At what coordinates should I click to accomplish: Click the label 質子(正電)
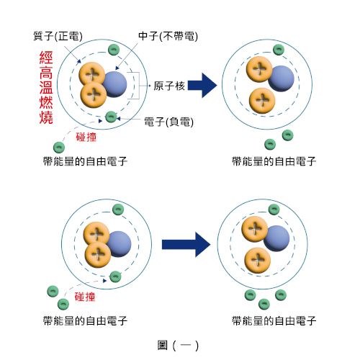58,36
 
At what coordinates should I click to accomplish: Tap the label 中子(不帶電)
168,36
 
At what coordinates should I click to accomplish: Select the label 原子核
169,86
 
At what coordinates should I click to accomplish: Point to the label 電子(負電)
168,122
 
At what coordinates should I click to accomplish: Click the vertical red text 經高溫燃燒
46,87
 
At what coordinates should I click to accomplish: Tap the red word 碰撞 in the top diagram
86,137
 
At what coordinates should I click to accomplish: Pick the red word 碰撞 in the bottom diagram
85,297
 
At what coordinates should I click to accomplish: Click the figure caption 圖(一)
178,346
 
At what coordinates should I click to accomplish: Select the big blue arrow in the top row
202,85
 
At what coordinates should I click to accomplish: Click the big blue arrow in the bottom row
186,245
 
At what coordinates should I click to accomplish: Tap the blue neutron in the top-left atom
114,84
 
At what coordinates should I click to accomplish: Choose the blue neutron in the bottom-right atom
276,238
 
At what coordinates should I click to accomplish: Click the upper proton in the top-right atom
259,69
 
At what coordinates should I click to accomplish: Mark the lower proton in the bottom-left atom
98,255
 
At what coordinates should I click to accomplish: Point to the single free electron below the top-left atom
59,148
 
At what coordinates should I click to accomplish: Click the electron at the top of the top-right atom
279,50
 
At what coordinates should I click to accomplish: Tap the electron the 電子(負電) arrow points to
111,117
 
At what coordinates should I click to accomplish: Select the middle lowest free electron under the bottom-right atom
264,304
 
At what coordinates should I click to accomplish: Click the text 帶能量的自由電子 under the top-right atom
274,161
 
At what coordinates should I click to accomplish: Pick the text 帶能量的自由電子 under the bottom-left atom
85,321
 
